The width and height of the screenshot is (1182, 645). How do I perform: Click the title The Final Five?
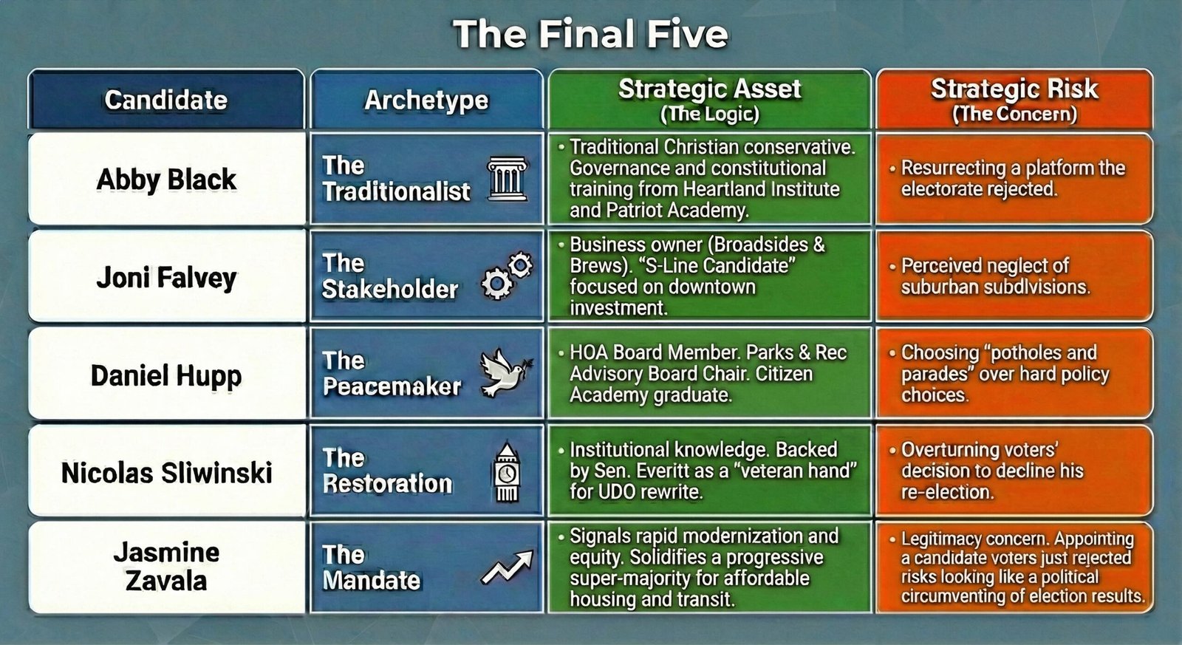[590, 34]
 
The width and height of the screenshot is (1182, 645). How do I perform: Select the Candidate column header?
[166, 99]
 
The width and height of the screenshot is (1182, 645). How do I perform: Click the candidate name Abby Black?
[166, 180]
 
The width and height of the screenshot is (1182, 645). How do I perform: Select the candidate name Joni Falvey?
[166, 278]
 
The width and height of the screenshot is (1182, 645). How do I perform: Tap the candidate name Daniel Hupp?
[166, 376]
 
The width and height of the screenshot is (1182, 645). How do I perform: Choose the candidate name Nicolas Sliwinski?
[166, 472]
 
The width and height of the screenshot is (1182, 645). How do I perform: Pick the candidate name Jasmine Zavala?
[166, 567]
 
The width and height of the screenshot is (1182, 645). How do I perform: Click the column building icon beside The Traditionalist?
[507, 179]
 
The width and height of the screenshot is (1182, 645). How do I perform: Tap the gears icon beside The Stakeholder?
[507, 276]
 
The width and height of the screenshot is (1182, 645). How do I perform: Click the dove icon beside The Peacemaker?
[506, 372]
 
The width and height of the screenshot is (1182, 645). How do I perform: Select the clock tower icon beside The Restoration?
[507, 471]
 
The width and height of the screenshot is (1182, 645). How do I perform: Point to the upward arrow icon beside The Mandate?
[507, 567]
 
